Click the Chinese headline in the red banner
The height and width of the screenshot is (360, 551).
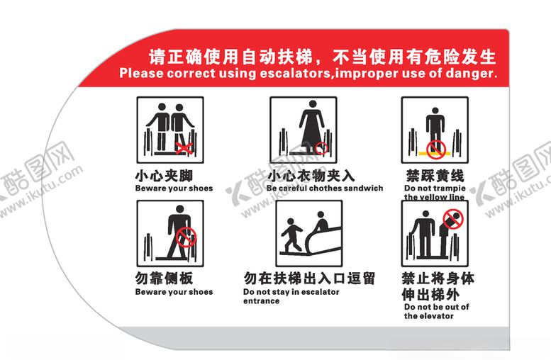click(x=321, y=55)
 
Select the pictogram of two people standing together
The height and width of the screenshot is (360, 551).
click(x=170, y=130)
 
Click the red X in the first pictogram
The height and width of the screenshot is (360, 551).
click(x=185, y=147)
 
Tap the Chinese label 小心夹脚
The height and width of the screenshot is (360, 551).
click(x=164, y=175)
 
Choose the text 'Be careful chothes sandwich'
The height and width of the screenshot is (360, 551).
click(x=325, y=189)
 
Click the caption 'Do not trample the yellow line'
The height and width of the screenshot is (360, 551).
click(x=434, y=193)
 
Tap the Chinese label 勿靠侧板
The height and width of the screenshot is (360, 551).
click(x=164, y=279)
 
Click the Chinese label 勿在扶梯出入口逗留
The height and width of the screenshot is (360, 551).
click(x=309, y=279)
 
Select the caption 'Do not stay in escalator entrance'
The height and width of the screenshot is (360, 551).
click(x=291, y=296)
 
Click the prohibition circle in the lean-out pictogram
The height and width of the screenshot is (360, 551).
click(x=452, y=220)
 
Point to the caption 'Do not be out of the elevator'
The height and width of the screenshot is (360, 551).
click(x=433, y=312)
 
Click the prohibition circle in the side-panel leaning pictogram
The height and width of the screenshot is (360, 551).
click(x=186, y=235)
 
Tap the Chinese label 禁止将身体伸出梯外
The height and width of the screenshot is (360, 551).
click(x=438, y=286)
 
